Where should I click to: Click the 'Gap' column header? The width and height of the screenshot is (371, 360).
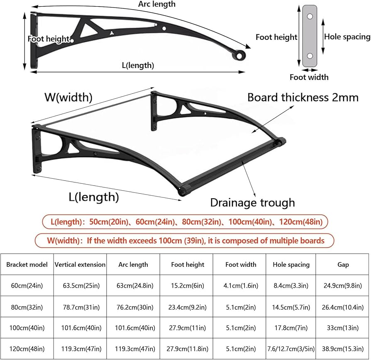[343, 265]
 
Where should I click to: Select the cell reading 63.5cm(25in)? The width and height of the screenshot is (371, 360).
[81, 286]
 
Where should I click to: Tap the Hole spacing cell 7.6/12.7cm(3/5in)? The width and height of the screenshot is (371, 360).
[291, 349]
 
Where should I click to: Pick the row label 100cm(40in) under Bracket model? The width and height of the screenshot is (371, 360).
[27, 328]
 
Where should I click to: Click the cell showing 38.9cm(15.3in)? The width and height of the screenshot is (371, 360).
[343, 349]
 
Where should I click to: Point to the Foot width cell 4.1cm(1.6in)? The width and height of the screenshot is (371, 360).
[241, 286]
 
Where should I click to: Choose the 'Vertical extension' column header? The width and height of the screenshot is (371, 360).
[80, 265]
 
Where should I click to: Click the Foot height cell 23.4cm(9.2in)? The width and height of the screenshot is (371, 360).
[188, 307]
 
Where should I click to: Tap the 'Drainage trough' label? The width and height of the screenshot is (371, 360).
[252, 203]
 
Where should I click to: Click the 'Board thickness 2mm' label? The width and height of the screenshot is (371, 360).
[303, 97]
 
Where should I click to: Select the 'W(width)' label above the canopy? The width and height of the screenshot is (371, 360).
[68, 97]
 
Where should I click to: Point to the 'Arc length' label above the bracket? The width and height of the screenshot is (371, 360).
[157, 4]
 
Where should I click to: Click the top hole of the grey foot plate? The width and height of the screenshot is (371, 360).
[310, 17]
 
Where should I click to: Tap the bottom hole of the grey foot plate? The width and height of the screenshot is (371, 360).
[310, 56]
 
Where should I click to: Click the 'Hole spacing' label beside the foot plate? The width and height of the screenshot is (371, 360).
[347, 36]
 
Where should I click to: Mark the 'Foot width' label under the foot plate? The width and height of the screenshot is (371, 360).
[309, 77]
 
